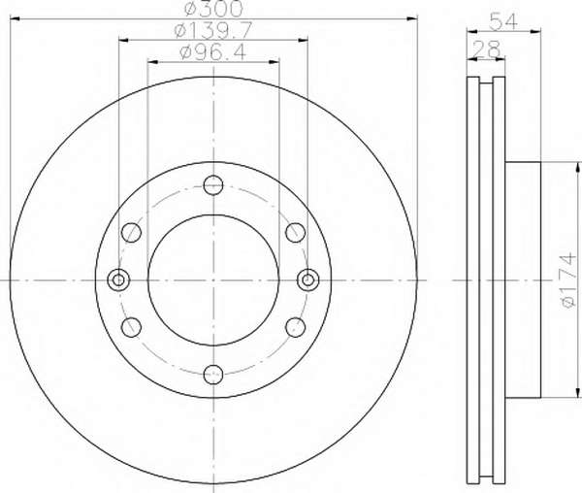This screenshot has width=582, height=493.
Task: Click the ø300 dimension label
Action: (213, 8)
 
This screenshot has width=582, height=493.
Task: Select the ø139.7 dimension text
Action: (213, 30)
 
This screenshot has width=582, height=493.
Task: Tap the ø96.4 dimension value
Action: (212, 52)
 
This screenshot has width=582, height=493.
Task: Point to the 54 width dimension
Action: (502, 21)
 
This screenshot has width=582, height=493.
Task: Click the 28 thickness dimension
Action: (486, 49)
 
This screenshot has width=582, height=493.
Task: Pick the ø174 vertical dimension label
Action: (569, 280)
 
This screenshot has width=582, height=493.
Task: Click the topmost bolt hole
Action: (213, 184)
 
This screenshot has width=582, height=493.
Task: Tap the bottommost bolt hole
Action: (213, 375)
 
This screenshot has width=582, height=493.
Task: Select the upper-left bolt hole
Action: (131, 232)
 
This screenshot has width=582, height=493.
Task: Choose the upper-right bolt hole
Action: (296, 232)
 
